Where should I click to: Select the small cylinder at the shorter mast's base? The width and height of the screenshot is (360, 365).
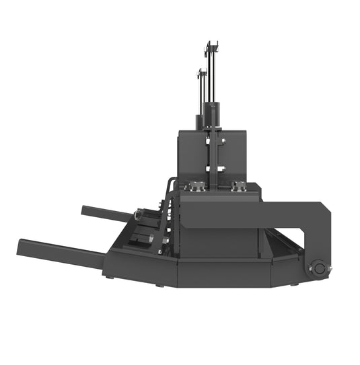(199, 122)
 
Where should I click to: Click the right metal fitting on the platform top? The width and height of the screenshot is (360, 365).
(237, 186)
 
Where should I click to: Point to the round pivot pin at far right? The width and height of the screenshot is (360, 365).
(318, 268)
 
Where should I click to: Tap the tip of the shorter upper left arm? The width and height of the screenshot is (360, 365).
(85, 210)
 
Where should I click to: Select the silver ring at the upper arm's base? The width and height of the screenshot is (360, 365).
(139, 215)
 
